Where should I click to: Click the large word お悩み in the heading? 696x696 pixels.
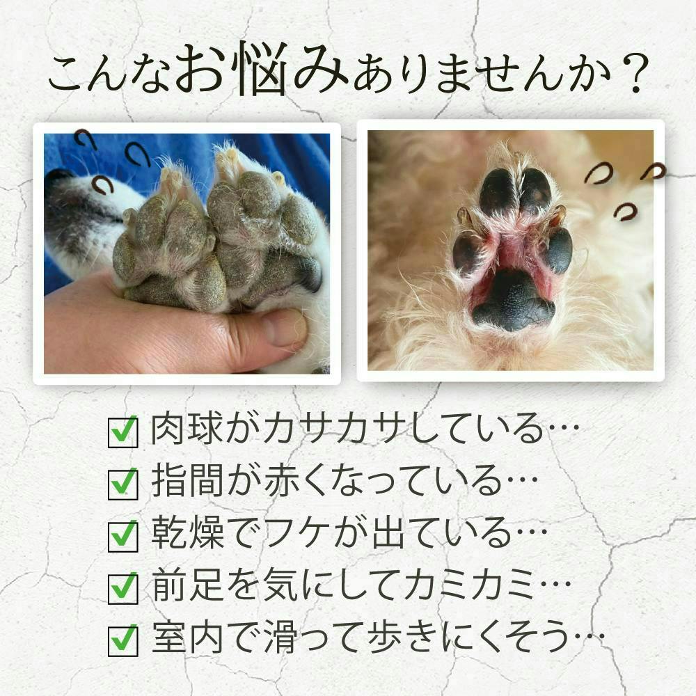(262, 69)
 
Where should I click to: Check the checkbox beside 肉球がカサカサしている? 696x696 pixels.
(123, 432)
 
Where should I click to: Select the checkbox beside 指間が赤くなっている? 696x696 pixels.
(123, 484)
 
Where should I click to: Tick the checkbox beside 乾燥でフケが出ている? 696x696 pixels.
(123, 536)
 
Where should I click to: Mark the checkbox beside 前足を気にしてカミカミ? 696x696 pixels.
(123, 589)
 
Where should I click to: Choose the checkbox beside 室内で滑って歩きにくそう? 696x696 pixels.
(123, 641)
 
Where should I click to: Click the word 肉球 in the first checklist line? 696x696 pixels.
(187, 429)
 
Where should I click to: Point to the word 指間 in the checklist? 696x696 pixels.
(187, 481)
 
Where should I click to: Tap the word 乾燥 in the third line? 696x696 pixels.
(187, 533)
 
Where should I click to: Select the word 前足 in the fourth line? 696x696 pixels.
(187, 585)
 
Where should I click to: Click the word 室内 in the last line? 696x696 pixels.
(187, 638)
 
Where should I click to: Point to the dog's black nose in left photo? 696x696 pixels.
(56, 176)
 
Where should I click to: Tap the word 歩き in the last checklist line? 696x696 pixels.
(401, 638)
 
